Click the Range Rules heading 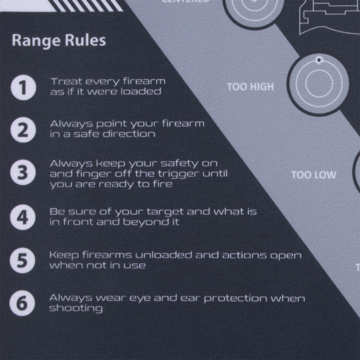59,40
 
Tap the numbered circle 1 22,87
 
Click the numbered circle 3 22,173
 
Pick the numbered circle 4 22,217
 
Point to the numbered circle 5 22,260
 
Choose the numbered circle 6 22,303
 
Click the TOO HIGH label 250,87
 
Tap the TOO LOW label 314,175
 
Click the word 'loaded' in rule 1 145,92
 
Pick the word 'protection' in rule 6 238,298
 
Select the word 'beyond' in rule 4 139,222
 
